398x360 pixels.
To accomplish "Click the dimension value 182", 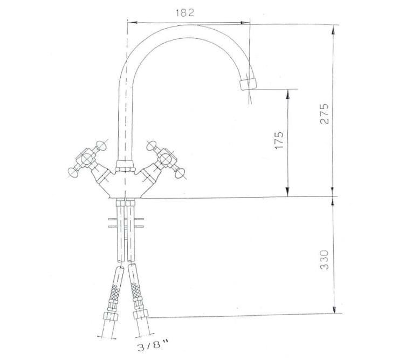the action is click(185, 13).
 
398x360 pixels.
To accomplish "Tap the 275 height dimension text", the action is click(324, 113).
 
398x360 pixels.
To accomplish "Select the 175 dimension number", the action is click(279, 140).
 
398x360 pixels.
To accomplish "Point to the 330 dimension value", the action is click(325, 260).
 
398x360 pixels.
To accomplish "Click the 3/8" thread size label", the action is click(153, 347).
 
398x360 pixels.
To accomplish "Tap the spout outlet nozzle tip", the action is click(248, 84).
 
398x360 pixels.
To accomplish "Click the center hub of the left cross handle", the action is click(86, 159).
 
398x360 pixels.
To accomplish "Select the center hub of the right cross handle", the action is click(165, 159).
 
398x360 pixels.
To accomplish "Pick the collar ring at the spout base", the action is click(125, 166).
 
